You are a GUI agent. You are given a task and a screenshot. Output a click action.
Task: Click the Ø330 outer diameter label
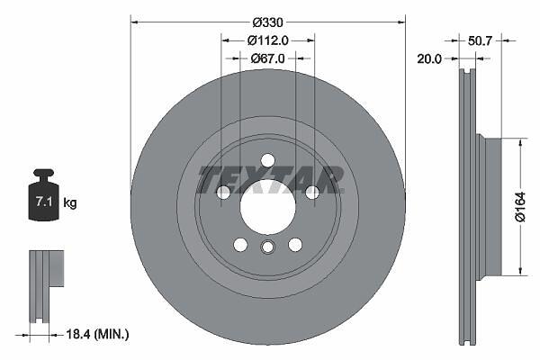267,22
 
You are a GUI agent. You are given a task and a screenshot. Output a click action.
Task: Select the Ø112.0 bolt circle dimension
267,41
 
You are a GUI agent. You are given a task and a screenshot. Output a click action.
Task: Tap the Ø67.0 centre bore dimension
267,58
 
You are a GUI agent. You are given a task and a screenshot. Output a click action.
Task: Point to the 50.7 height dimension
480,41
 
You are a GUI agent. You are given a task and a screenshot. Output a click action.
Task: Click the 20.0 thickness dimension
429,58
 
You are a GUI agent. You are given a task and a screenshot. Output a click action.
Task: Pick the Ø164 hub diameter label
520,207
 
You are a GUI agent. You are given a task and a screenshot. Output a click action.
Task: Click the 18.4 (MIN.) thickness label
97,334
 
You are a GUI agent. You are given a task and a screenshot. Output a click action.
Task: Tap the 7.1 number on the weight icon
44,202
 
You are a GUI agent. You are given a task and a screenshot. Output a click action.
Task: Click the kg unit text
70,202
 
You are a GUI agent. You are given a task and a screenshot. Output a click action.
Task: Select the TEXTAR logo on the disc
270,179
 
